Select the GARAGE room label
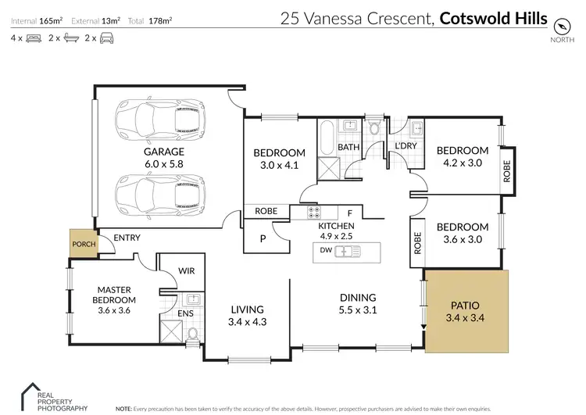point(163,152)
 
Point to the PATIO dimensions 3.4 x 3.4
point(466,318)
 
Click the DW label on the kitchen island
point(325,252)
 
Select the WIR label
point(187,270)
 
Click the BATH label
point(348,146)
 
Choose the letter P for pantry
point(263,238)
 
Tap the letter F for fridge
point(350,212)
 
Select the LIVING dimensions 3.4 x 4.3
point(246,320)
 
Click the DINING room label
point(359,297)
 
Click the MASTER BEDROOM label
point(113,295)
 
